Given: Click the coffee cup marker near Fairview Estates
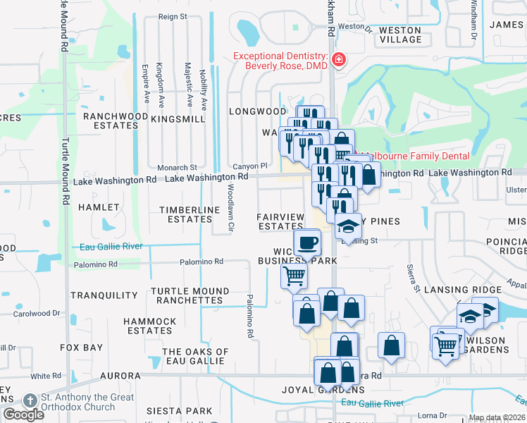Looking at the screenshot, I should click(306, 244).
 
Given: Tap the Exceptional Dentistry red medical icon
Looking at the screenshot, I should click(339, 59).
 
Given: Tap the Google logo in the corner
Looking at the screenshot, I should click(23, 415).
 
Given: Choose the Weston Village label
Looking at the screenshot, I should click(399, 35).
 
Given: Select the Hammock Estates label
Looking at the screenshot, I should click(150, 326).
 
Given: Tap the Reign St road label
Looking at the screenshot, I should click(173, 16).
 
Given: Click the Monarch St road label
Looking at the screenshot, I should click(177, 168).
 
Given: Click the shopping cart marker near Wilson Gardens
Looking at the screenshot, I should click(445, 346).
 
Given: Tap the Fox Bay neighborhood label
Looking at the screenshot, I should click(82, 348).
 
